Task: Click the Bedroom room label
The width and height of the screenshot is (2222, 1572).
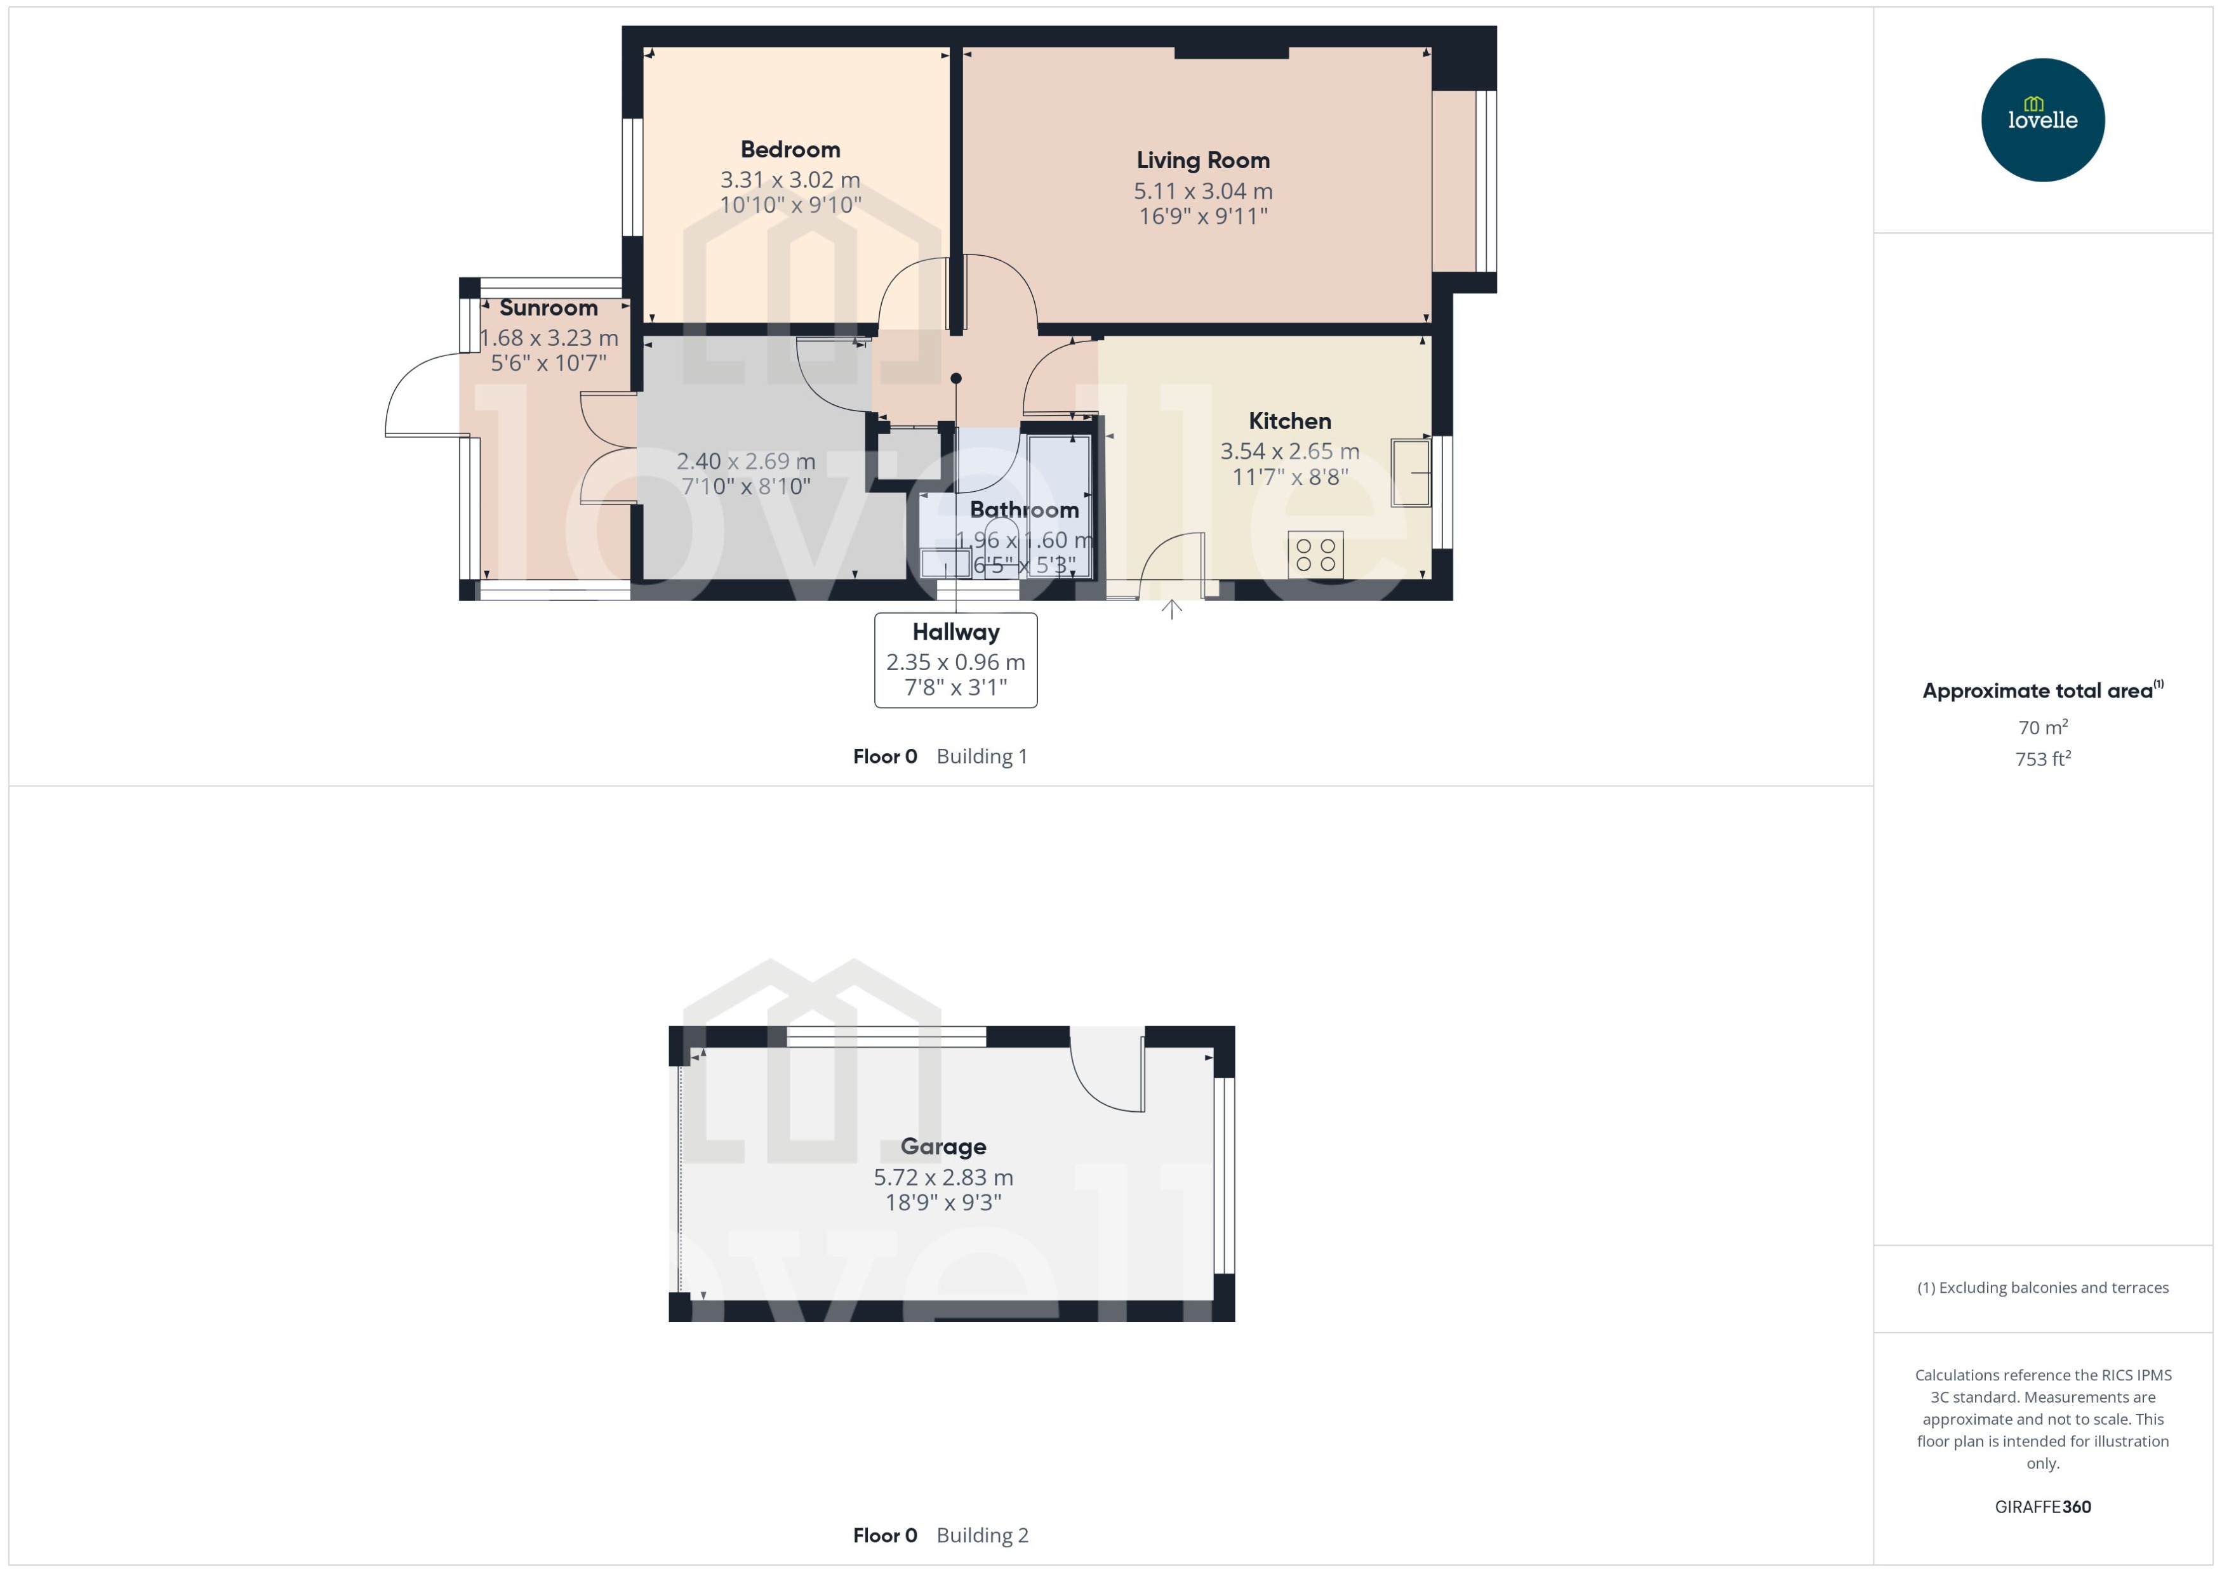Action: [790, 150]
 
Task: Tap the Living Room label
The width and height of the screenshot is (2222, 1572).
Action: [1202, 161]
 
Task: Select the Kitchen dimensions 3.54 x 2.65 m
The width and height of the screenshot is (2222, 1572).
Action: [1289, 451]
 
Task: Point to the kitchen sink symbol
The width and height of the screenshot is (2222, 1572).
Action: [1409, 472]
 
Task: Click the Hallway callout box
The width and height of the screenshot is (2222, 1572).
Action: [955, 660]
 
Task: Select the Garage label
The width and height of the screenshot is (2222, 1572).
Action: [943, 1146]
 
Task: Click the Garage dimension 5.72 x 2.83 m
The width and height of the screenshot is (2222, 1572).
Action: [943, 1177]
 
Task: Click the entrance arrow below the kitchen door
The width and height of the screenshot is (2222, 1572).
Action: [1171, 609]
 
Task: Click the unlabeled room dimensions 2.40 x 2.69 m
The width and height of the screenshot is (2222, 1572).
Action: [745, 462]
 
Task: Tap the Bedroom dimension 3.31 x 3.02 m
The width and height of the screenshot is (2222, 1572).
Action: [790, 180]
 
